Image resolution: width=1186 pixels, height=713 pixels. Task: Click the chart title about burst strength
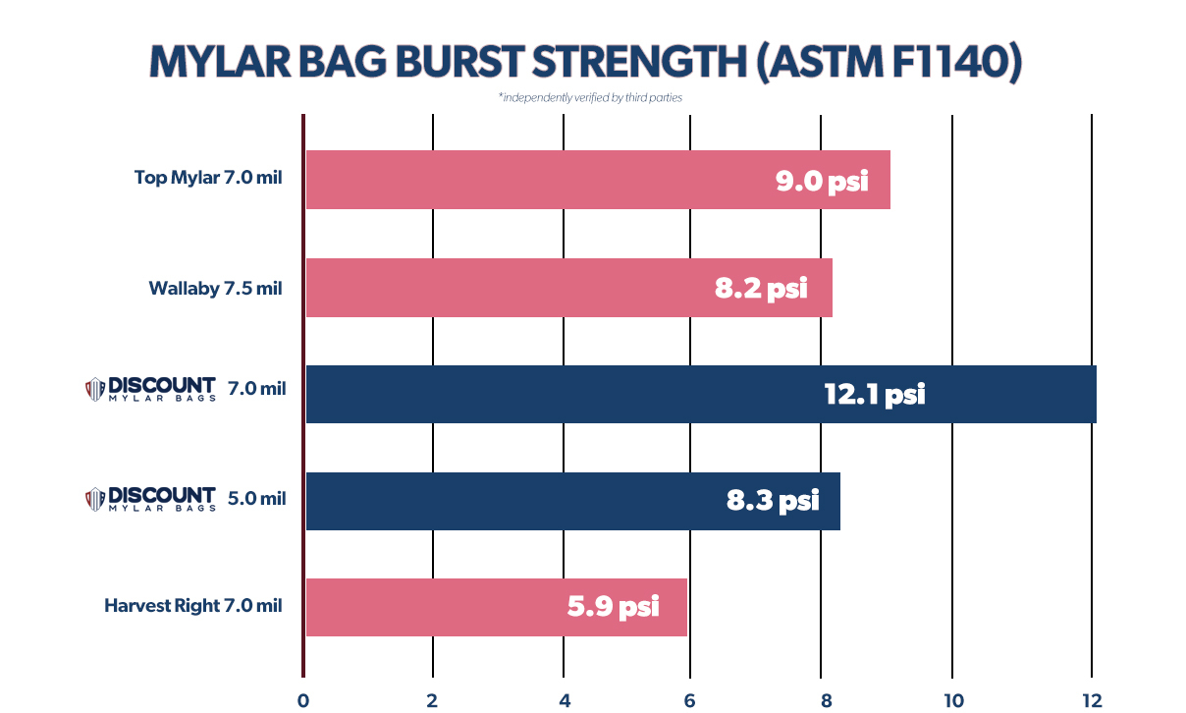tap(585, 63)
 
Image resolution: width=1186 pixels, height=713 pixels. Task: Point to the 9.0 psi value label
tap(822, 181)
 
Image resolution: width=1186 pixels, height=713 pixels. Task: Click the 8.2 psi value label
tap(761, 289)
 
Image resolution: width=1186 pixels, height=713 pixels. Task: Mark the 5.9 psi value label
tap(613, 607)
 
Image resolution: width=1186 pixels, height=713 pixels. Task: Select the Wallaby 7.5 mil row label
tap(215, 288)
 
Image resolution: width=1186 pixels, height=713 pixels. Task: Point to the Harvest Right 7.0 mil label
tap(193, 605)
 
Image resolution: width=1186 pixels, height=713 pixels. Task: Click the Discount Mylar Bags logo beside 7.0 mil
tap(150, 389)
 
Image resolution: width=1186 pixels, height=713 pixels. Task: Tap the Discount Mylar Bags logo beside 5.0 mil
tap(150, 498)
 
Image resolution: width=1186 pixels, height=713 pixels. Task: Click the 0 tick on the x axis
tap(303, 699)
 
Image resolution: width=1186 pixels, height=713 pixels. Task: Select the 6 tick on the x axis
tap(690, 699)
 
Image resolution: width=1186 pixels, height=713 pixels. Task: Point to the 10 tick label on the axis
tap(951, 699)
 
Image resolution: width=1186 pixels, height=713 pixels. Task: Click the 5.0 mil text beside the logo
tap(256, 498)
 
